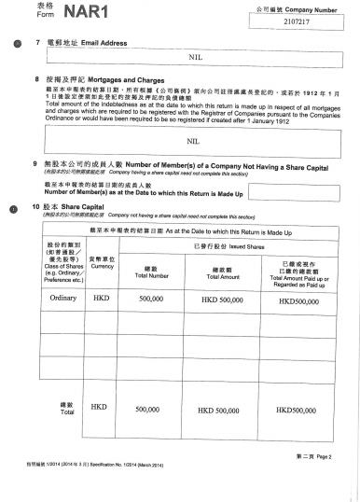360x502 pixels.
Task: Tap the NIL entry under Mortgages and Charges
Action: coord(194,141)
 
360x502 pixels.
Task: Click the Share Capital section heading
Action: coord(77,205)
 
